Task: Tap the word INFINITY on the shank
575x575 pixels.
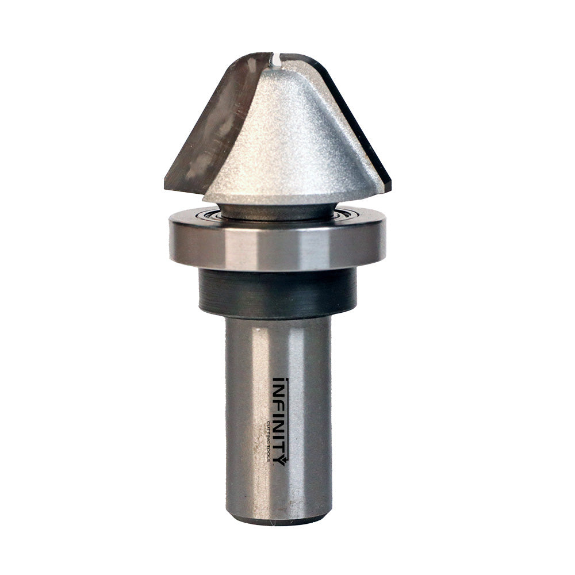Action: click(x=278, y=420)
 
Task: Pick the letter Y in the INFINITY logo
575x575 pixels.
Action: click(x=278, y=458)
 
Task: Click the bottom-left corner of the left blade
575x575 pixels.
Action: click(x=168, y=187)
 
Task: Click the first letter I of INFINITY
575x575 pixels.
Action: click(x=278, y=381)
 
